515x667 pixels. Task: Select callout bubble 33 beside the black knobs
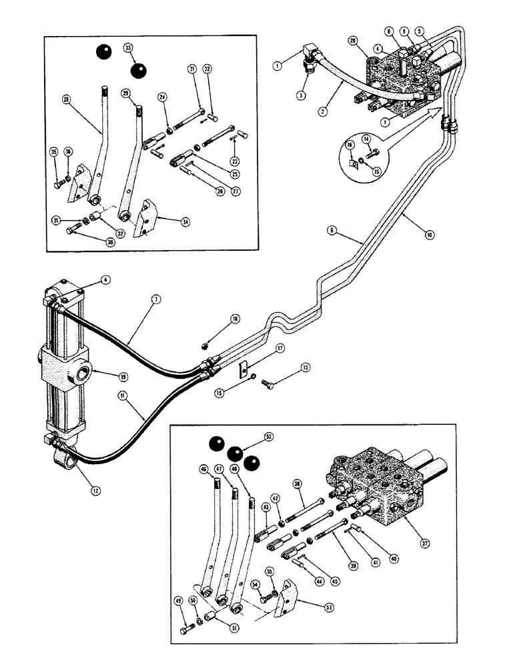(128, 48)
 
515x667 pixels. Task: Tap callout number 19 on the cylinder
(123, 376)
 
